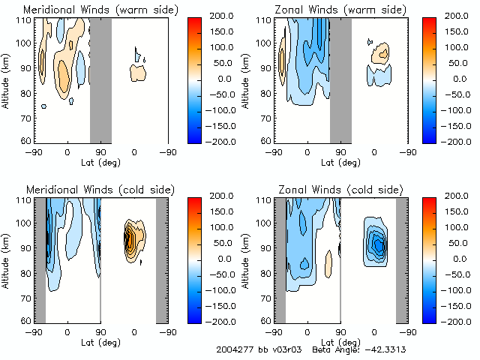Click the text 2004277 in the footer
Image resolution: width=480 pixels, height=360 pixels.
tap(233, 350)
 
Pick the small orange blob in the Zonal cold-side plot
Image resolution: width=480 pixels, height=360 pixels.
tap(328, 260)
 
